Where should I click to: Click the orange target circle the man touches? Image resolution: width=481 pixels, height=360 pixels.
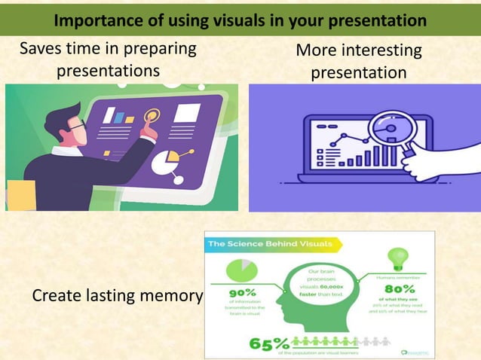point(153,117)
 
